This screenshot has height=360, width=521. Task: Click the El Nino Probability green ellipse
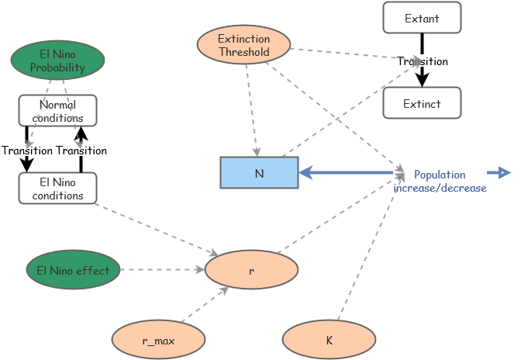coord(57,61)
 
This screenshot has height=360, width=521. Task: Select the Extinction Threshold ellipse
coord(243,45)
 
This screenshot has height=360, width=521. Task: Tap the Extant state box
coord(422,18)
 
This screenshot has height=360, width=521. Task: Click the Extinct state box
coord(422,103)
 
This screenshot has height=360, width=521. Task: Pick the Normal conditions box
coord(57,110)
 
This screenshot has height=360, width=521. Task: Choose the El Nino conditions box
coord(57,189)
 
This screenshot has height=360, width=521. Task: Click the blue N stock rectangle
coord(259,173)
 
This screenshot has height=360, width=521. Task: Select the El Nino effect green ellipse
coord(73,270)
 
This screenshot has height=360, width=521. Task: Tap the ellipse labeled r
coord(251,270)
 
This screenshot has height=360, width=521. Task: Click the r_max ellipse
coord(158,340)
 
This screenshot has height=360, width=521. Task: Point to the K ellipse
coord(329,340)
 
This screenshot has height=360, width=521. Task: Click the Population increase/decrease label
coord(440,181)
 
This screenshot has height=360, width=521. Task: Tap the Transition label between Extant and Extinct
coord(423,61)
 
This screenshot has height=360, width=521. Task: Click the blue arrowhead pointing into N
coord(306,172)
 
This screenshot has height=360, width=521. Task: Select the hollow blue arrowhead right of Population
coord(504,172)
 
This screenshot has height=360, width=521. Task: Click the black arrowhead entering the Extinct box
coord(422,79)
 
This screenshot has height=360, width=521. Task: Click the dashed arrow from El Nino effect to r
coord(162,270)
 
